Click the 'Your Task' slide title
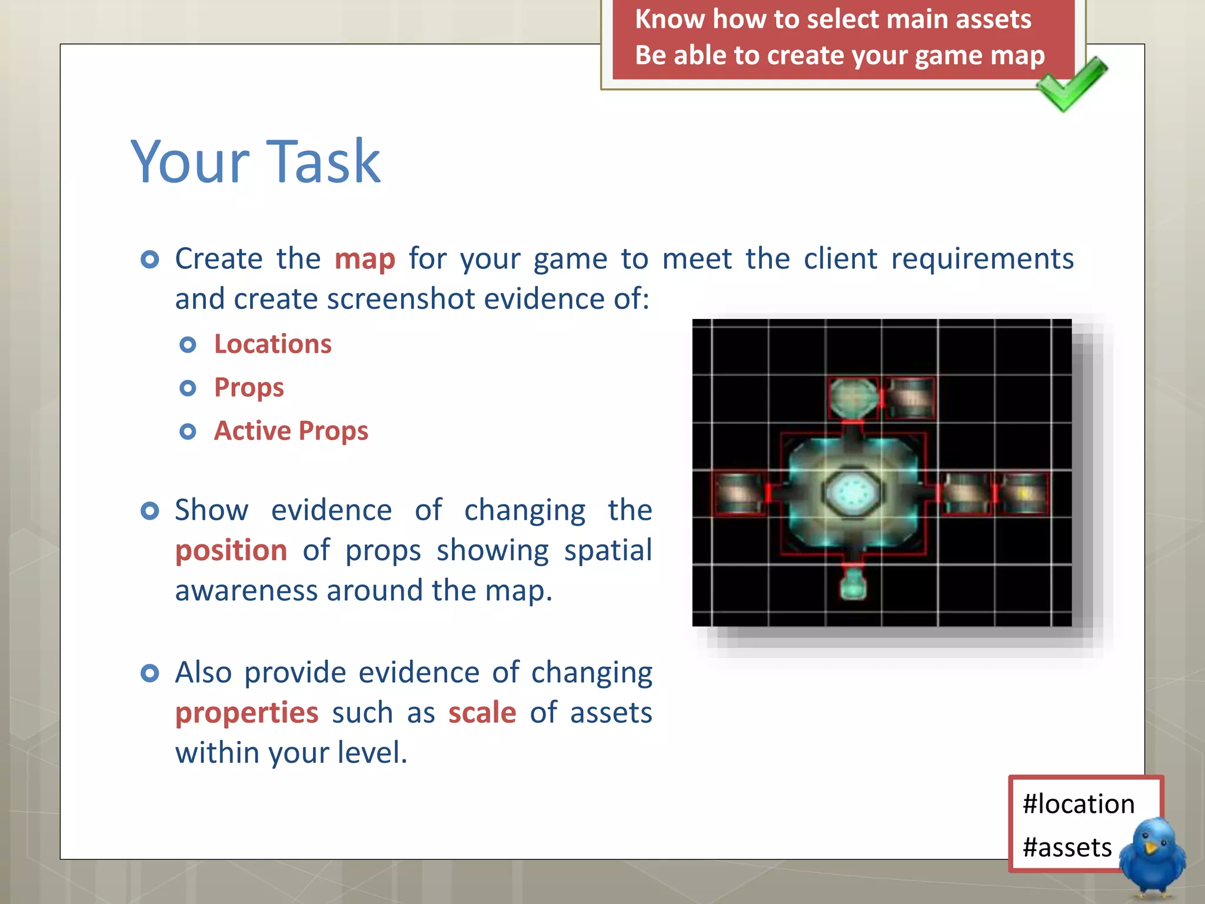click(255, 161)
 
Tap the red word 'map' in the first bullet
click(364, 260)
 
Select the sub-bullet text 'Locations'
click(272, 344)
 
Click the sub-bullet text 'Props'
click(249, 388)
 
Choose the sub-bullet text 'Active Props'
click(291, 431)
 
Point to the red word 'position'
click(231, 551)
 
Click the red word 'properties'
click(247, 713)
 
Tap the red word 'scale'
click(482, 713)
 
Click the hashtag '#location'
click(1078, 804)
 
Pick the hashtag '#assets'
click(1067, 848)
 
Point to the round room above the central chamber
click(853, 398)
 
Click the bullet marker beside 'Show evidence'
click(150, 510)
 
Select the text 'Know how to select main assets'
click(833, 19)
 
